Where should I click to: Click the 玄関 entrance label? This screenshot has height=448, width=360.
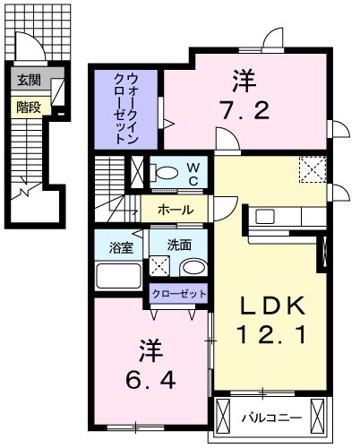pos(28,80)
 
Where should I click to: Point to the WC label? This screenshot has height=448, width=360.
pos(192,172)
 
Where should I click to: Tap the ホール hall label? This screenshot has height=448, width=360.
pos(173,210)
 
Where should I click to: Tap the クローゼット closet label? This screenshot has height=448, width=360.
pos(177,293)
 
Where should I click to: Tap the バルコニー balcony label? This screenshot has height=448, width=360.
pos(270,418)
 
